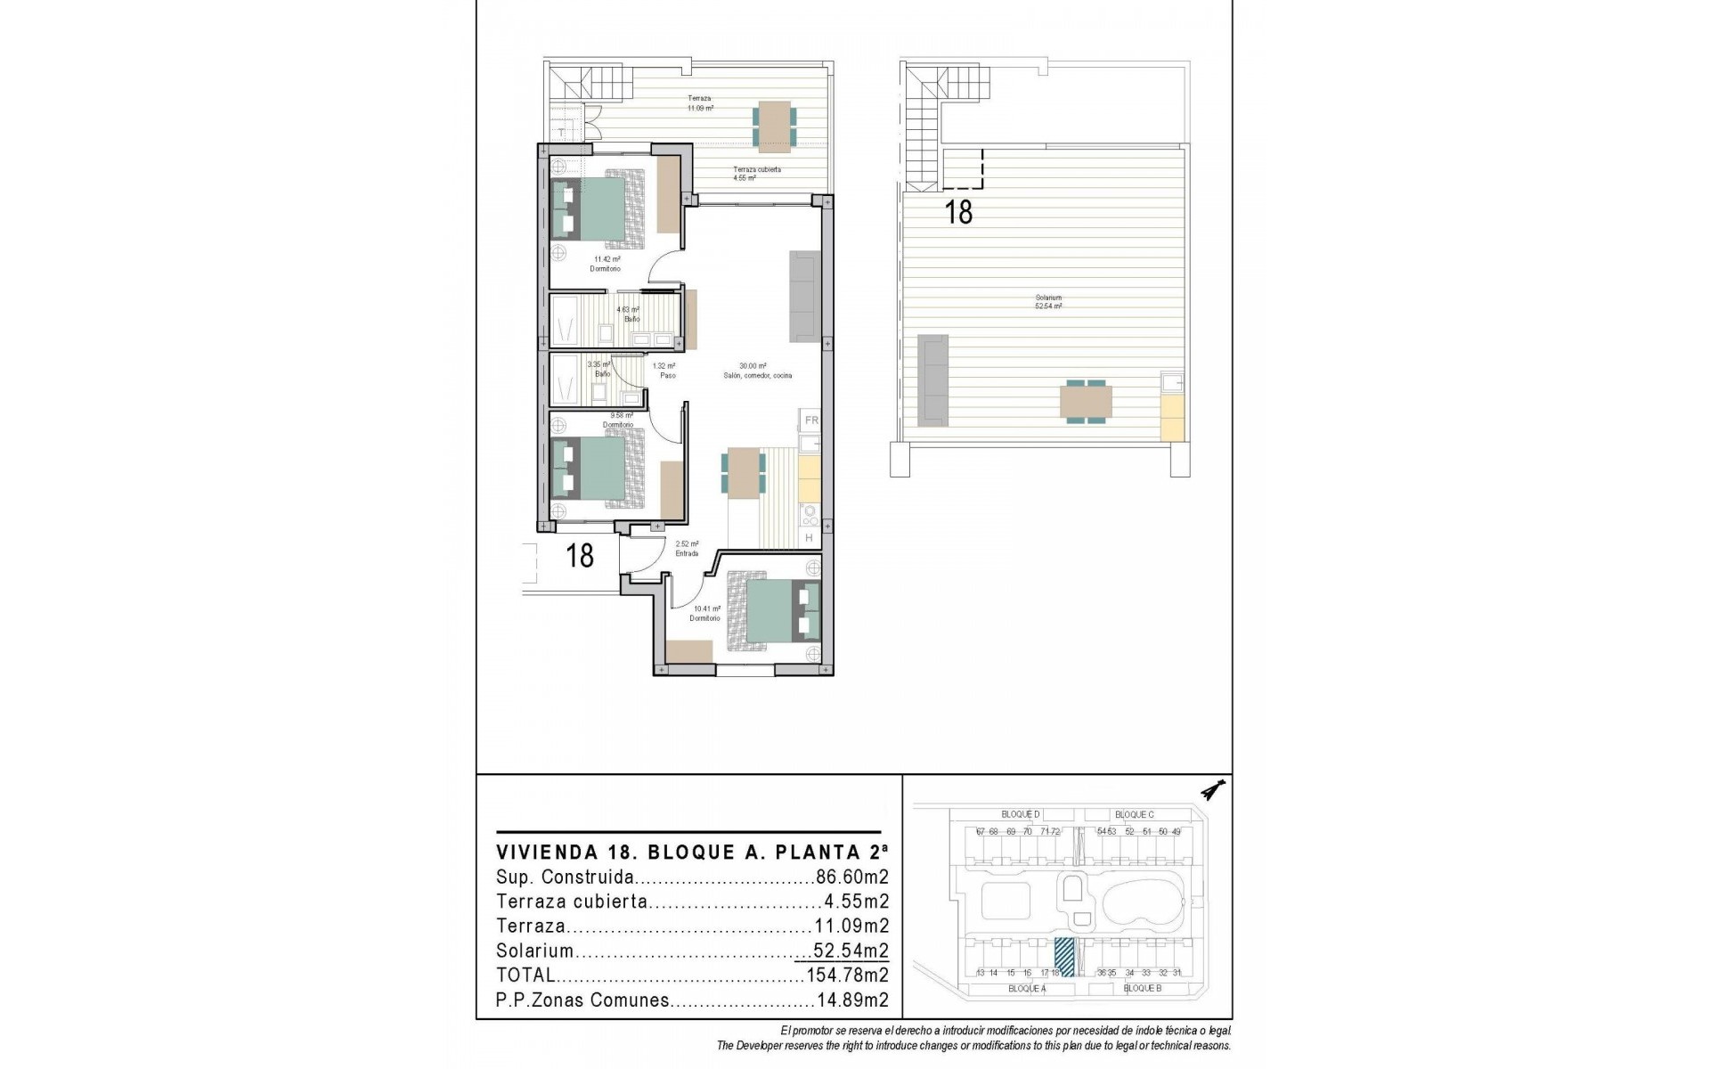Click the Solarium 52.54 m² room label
point(1048,302)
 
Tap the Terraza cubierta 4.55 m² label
point(756,173)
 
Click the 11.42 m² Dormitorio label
point(605,264)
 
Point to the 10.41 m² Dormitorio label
point(705,614)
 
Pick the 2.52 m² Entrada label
point(687,549)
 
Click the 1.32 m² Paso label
point(664,371)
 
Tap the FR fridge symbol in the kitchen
point(810,420)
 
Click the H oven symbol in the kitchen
point(810,538)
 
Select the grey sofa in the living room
point(803,296)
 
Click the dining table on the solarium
point(1086,402)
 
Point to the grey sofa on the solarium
point(932,379)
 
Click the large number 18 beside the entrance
point(580,557)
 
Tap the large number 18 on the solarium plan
point(958,212)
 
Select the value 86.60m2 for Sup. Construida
point(852,877)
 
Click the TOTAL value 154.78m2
point(847,975)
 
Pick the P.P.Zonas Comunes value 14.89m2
point(852,1000)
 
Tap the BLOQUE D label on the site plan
point(1021,814)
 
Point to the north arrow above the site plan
point(1212,790)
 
